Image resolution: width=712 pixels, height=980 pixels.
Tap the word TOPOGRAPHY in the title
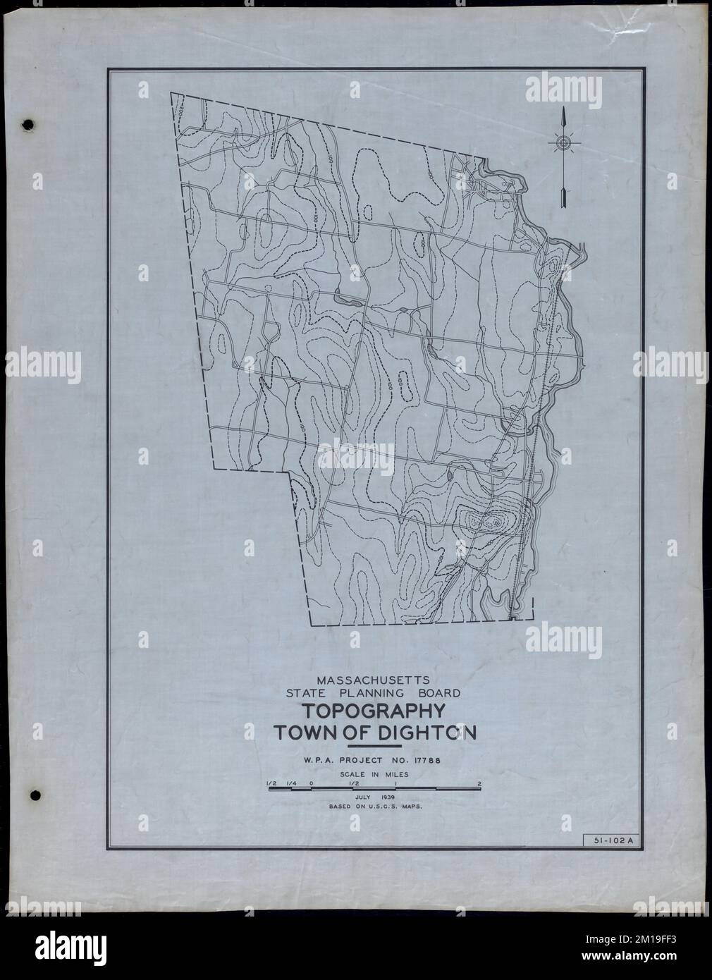tap(374, 711)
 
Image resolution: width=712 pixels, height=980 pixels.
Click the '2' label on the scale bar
tap(479, 783)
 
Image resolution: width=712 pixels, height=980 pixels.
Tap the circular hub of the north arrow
tap(563, 144)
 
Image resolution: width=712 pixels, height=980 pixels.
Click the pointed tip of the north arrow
tap(563, 111)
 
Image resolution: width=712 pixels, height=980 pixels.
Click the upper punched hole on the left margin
tap(28, 125)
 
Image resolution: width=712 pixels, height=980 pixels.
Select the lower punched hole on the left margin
tap(36, 795)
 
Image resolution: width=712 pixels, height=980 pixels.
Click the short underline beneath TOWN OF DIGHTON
tap(374, 745)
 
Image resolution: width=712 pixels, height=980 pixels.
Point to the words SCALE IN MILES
tap(374, 773)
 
